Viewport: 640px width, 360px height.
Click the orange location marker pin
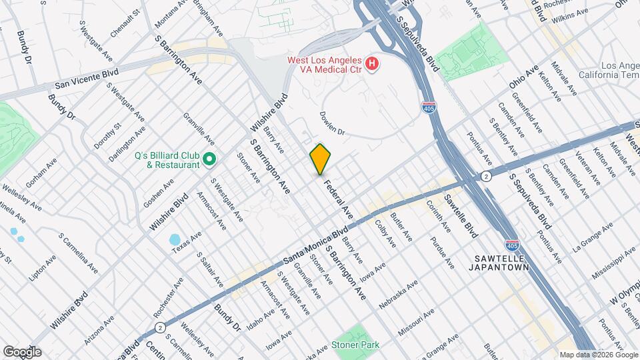pyautogui.click(x=320, y=159)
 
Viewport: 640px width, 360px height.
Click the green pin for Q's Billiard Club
pyautogui.click(x=209, y=159)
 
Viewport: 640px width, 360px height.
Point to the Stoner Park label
pyautogui.click(x=357, y=345)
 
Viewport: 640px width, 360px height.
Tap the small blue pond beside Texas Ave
pyautogui.click(x=175, y=239)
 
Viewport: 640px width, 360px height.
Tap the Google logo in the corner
pyautogui.click(x=22, y=352)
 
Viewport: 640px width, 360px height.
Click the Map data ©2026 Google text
pyautogui.click(x=597, y=355)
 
